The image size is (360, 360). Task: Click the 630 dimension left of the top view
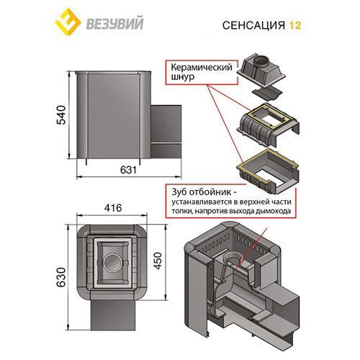[61, 274]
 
